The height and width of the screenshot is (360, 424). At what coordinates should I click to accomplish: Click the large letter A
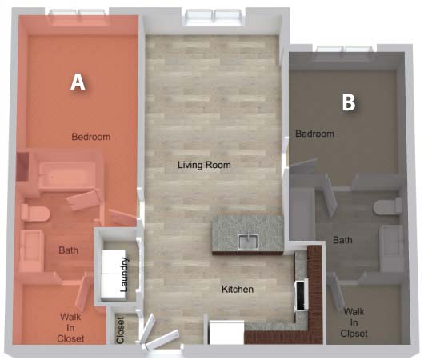tap(78, 82)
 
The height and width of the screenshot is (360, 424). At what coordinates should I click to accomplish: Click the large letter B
tap(349, 102)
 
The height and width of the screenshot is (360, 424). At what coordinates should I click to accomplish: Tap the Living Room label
tap(204, 165)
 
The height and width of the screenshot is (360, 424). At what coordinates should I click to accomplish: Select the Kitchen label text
tap(238, 289)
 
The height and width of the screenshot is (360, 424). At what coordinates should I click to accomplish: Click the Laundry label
tap(124, 274)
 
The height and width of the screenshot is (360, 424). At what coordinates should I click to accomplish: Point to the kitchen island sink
tap(248, 242)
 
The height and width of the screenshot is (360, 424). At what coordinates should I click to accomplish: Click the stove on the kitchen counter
tap(302, 295)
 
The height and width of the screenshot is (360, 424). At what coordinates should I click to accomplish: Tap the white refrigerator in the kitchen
tap(226, 332)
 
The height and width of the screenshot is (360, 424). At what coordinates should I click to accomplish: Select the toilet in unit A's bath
tap(35, 213)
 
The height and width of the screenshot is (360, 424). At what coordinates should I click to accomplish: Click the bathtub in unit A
tap(66, 175)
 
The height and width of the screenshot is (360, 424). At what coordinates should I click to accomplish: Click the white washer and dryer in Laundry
tap(114, 275)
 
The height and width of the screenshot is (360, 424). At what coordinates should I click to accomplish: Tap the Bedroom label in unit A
tap(91, 137)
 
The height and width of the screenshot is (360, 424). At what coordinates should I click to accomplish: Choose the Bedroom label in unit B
tap(314, 134)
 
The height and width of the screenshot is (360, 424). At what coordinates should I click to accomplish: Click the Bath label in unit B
tap(342, 240)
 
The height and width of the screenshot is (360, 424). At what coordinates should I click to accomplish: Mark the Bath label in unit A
tap(69, 250)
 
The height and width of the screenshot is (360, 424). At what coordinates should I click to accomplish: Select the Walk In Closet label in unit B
tap(354, 322)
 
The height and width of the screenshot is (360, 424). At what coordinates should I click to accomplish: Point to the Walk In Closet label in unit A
tap(70, 327)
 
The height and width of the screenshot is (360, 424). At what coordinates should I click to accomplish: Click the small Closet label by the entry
tap(120, 330)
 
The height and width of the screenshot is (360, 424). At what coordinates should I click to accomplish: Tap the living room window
tap(214, 18)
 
